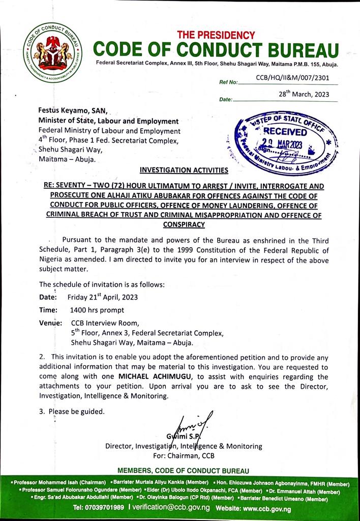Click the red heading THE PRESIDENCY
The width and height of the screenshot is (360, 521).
(216, 35)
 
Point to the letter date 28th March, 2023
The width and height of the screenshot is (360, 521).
(304, 94)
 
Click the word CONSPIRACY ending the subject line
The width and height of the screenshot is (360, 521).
(180, 224)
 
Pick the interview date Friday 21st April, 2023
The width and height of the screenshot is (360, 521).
(103, 297)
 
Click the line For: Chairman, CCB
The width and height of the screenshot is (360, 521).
(184, 455)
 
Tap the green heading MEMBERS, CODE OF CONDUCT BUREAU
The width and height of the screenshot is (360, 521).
(183, 470)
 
